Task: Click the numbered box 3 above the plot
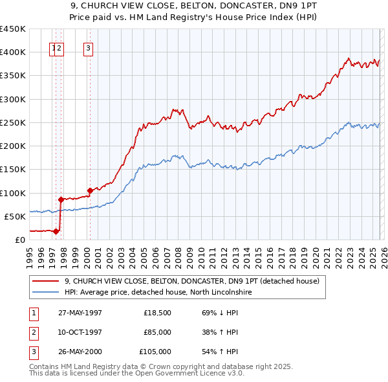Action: [88, 47]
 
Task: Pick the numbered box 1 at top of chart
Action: [52, 47]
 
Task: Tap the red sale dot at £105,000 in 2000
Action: [90, 190]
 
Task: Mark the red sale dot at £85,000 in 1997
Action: [61, 199]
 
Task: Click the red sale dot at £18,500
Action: [57, 230]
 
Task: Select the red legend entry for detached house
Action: [192, 282]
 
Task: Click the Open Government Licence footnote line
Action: [137, 374]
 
